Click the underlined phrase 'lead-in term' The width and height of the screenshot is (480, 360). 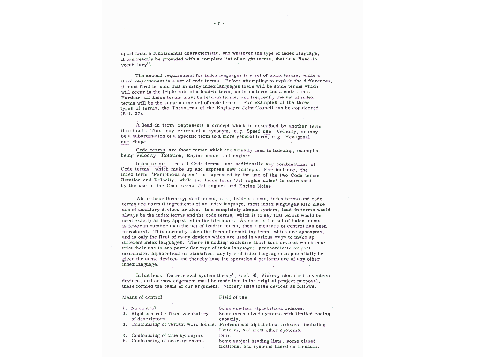[x=158, y=126]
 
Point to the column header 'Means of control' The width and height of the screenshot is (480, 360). [x=142, y=297]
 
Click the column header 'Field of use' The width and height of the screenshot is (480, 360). [x=233, y=297]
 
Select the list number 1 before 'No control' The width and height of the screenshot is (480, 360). [x=124, y=308]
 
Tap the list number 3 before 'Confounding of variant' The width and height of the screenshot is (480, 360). [x=124, y=324]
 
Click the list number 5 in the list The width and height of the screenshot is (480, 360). [x=124, y=341]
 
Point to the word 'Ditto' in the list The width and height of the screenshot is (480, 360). [x=225, y=336]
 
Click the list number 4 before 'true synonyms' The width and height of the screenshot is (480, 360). [x=124, y=336]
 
